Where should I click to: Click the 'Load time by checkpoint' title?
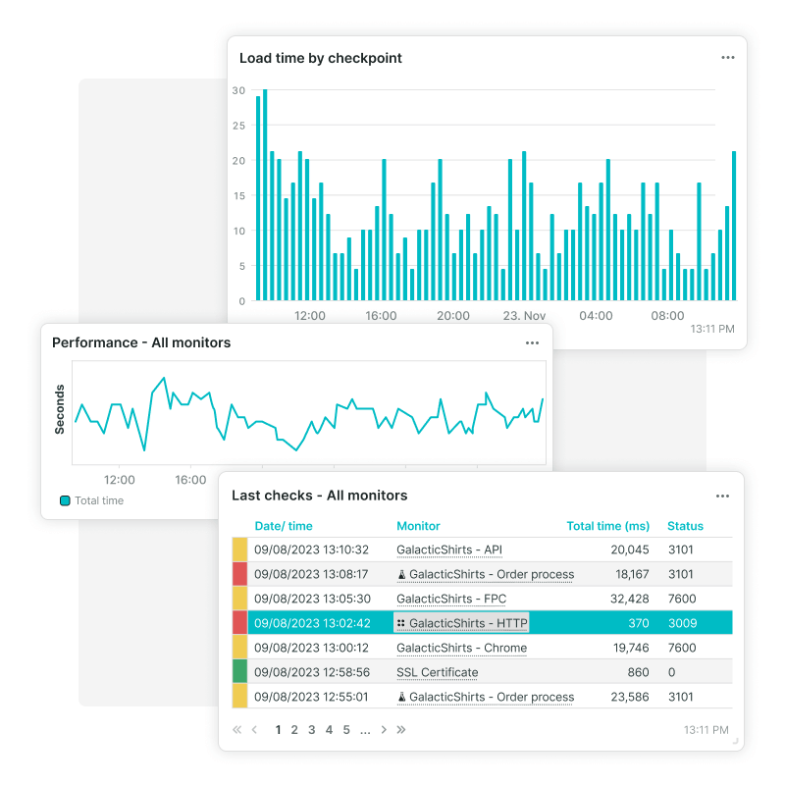click(321, 58)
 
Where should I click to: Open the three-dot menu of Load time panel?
click(727, 58)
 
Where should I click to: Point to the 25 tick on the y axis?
click(238, 126)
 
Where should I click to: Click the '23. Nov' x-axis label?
click(524, 316)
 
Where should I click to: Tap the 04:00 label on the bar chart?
click(596, 316)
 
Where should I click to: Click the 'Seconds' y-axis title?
click(60, 409)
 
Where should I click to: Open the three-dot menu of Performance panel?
click(532, 343)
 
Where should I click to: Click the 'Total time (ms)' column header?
click(607, 526)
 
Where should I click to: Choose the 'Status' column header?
click(685, 526)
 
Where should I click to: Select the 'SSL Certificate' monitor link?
click(437, 673)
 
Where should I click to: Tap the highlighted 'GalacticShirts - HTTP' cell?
click(461, 623)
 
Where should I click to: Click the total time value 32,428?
click(628, 599)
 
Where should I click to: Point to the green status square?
click(239, 672)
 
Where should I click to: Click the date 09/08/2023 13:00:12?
click(311, 648)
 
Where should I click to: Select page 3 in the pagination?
click(311, 730)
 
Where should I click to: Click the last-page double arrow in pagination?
click(400, 730)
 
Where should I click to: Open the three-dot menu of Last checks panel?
click(722, 497)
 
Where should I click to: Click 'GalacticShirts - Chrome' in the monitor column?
click(461, 648)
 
